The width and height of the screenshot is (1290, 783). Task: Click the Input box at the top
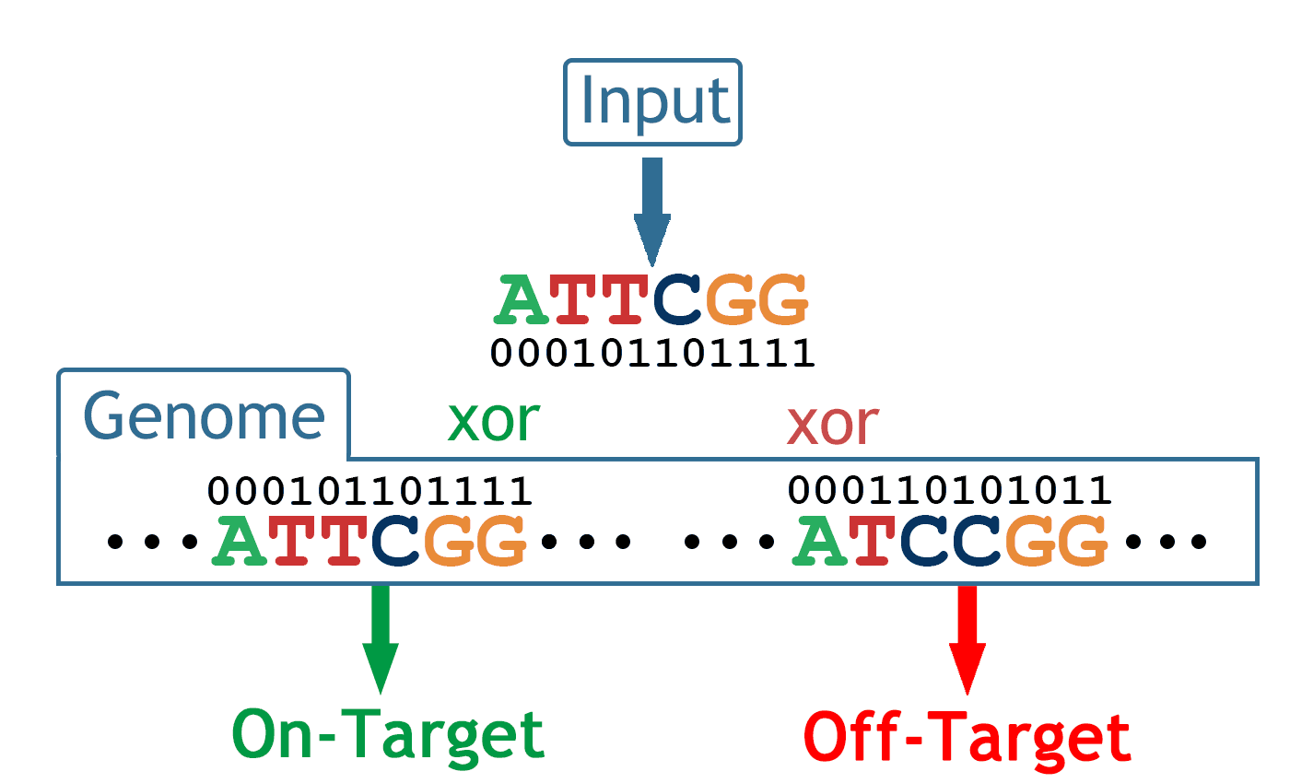click(x=652, y=102)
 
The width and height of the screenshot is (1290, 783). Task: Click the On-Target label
click(x=388, y=735)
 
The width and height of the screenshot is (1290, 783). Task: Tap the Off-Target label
click(x=967, y=737)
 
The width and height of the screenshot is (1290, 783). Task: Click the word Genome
click(x=205, y=417)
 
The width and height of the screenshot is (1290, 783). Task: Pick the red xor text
click(x=832, y=424)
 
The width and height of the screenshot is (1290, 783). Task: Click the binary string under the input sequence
click(x=652, y=353)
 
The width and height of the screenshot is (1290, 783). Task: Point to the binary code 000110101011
click(x=950, y=490)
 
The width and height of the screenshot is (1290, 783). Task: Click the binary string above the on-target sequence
click(x=370, y=490)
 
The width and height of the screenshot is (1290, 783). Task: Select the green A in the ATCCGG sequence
click(x=821, y=541)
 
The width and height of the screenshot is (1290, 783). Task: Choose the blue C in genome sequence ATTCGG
click(x=396, y=541)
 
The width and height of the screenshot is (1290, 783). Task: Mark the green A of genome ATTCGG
click(x=240, y=541)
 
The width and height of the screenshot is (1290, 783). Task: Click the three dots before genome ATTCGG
click(x=153, y=543)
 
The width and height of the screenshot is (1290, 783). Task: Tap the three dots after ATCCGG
click(x=1167, y=543)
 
